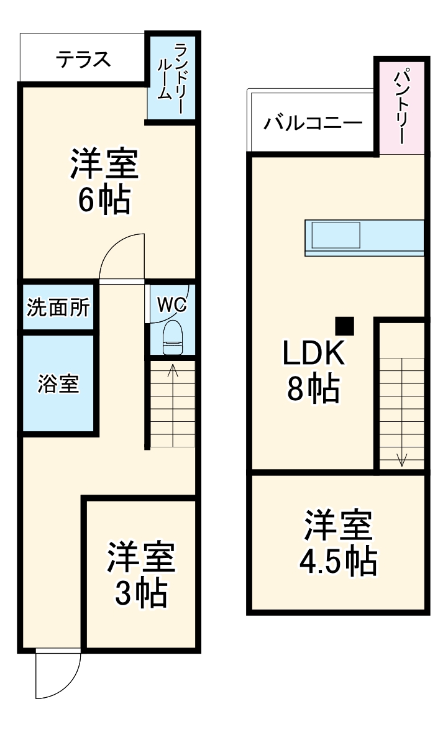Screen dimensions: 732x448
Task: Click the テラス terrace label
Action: coord(83,59)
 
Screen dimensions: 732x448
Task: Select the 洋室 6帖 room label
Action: coord(104,180)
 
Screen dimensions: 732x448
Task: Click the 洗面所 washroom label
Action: coord(58,307)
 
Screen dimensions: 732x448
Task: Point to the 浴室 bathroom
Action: coord(58,384)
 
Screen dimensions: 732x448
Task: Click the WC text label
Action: coord(171,304)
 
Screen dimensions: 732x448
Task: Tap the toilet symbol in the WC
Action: coord(171,338)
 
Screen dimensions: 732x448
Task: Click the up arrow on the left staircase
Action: coord(173,372)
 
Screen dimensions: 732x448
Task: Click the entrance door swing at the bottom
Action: coord(57,674)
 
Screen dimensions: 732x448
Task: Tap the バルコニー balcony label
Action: coord(313,122)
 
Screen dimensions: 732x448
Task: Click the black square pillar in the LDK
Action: coord(344,326)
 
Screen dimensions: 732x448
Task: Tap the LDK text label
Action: coord(313,354)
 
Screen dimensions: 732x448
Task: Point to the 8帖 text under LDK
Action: coord(313,389)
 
